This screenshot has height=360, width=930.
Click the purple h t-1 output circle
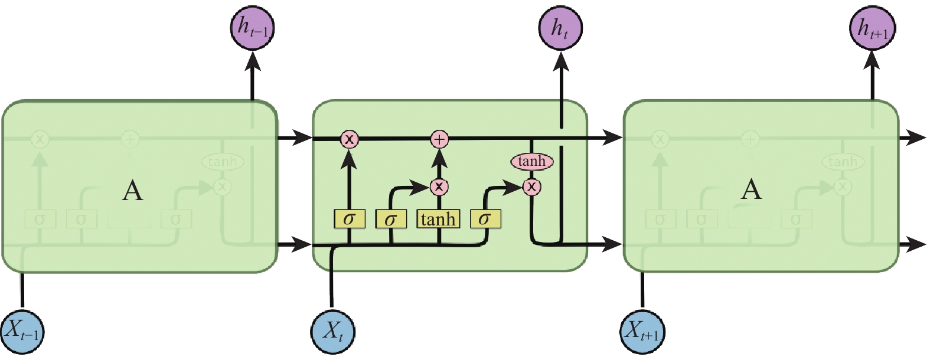[253, 27]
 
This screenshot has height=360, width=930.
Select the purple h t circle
[560, 27]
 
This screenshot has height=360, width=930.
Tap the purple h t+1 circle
[872, 27]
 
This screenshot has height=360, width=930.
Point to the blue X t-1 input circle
[22, 331]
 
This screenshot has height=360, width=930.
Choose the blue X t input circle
[333, 331]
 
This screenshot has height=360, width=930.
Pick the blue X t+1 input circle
[642, 331]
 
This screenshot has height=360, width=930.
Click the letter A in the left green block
[132, 191]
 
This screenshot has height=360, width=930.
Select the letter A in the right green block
[751, 189]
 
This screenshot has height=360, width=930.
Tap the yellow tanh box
[438, 220]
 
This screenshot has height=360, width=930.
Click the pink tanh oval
[531, 161]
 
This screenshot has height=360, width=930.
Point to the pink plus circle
[439, 139]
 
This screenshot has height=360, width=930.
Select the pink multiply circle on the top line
[350, 139]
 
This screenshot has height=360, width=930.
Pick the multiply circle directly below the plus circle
[439, 187]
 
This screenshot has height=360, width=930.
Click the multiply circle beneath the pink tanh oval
[531, 187]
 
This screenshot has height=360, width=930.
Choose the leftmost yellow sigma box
[350, 220]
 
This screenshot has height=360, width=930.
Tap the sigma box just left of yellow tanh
[390, 220]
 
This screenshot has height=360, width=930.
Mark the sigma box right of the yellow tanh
[485, 220]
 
